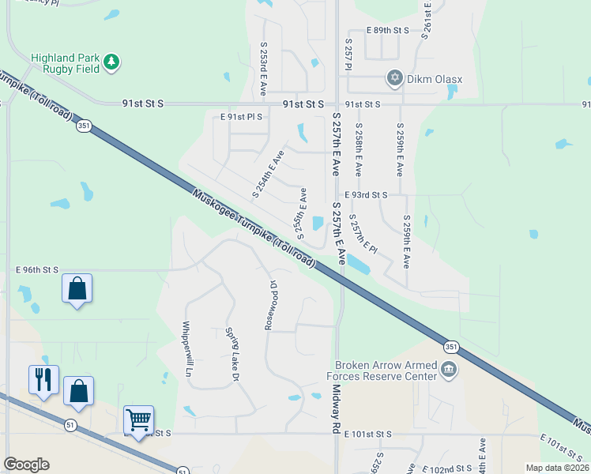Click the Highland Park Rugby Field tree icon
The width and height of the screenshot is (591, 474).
pos(111,62)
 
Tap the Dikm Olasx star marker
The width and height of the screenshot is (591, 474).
pos(393,78)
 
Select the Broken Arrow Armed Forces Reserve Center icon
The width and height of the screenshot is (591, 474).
pos(448,370)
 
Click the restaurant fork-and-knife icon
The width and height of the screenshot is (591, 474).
pos(43,380)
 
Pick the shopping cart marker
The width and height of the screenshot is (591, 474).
pos(139,420)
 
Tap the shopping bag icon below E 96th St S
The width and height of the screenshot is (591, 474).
pos(77,289)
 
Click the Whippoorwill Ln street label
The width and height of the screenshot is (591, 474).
pos(186,348)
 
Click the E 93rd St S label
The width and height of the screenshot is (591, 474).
pos(366,194)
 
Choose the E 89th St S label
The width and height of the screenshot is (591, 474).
pos(388,30)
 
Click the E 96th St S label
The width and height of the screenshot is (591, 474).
pos(37,269)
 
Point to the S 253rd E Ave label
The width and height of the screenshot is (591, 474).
pos(264,69)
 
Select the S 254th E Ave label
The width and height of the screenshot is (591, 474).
pos(267,173)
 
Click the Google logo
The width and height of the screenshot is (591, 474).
pos(26,465)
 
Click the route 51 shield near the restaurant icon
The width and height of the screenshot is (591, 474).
pos(71,426)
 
